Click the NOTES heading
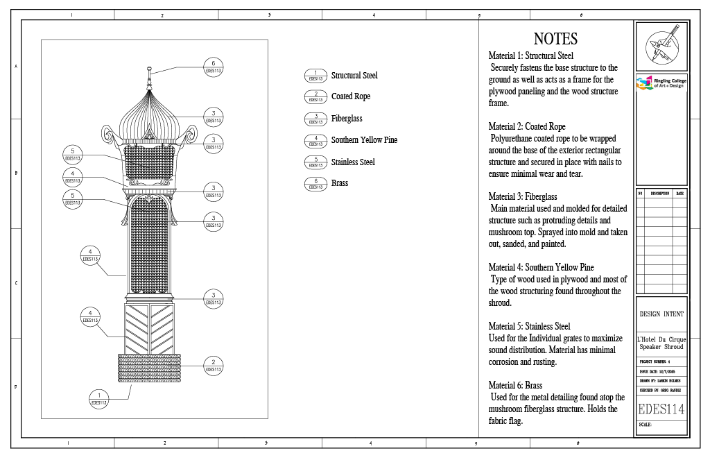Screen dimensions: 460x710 click(x=555, y=39)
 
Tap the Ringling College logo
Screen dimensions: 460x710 click(x=661, y=83)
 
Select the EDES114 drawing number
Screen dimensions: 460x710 click(x=661, y=409)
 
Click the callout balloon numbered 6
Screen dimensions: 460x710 click(x=213, y=67)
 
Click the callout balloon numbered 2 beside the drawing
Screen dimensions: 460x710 click(x=213, y=365)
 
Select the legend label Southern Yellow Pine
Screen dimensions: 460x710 click(x=364, y=140)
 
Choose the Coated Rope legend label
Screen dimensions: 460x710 click(x=351, y=96)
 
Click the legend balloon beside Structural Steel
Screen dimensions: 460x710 click(x=315, y=76)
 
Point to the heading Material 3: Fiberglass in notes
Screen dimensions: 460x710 click(x=522, y=197)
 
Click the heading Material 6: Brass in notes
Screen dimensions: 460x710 click(x=515, y=386)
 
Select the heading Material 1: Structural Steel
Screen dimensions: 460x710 click(x=530, y=56)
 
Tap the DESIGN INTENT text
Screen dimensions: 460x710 click(x=661, y=314)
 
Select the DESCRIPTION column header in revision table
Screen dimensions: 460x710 click(x=659, y=194)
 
